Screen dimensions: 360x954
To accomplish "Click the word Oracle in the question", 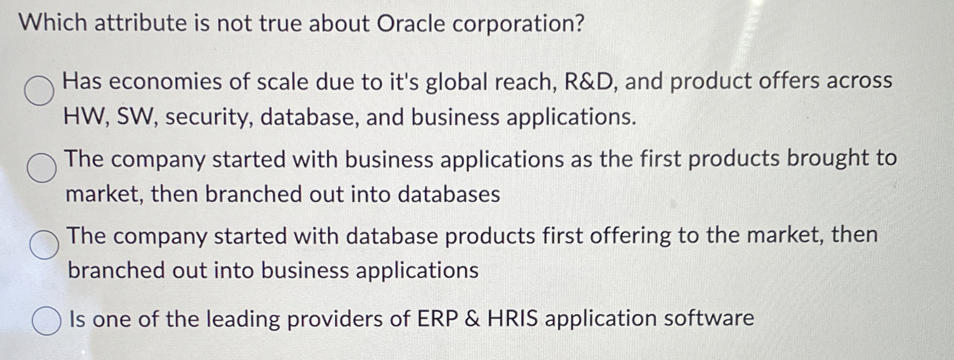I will coord(411,24).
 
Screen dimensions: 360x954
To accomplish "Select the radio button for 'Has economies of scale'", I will coord(39,90).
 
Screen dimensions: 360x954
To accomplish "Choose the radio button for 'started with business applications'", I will coord(42,168).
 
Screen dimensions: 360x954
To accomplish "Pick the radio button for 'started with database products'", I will coord(44,244).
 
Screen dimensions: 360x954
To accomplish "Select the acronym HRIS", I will coord(513,318).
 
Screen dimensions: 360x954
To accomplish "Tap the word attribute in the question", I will coord(140,23).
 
